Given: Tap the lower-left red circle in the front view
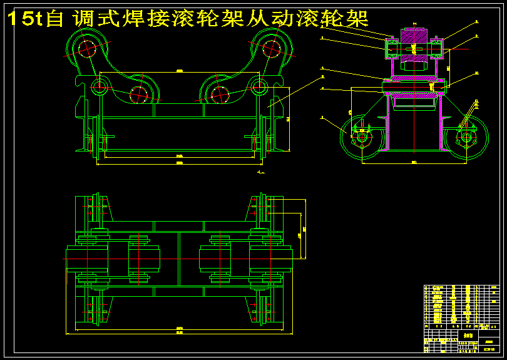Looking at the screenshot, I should [138, 95].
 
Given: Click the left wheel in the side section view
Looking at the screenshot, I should [361, 136].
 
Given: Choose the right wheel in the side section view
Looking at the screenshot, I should [466, 136].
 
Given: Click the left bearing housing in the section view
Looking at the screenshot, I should [393, 48].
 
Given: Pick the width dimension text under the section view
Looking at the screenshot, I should [414, 162].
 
